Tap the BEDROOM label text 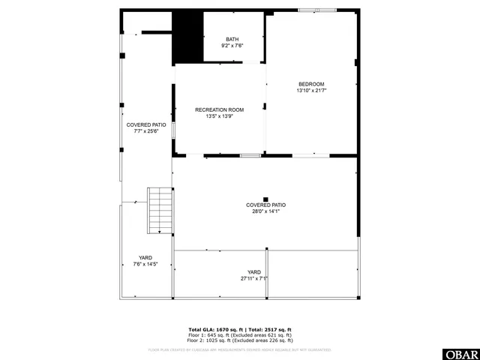311,84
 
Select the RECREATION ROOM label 219,109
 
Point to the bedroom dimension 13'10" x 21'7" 311,91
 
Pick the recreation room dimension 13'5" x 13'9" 219,116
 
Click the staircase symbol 160,211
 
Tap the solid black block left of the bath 187,37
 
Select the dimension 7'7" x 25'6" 146,131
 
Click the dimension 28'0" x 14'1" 265,211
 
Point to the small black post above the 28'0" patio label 265,199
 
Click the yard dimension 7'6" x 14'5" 145,264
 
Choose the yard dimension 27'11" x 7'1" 254,278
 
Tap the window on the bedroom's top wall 326,10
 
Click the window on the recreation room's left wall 173,130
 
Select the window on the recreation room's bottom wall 250,155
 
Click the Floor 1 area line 239,334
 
